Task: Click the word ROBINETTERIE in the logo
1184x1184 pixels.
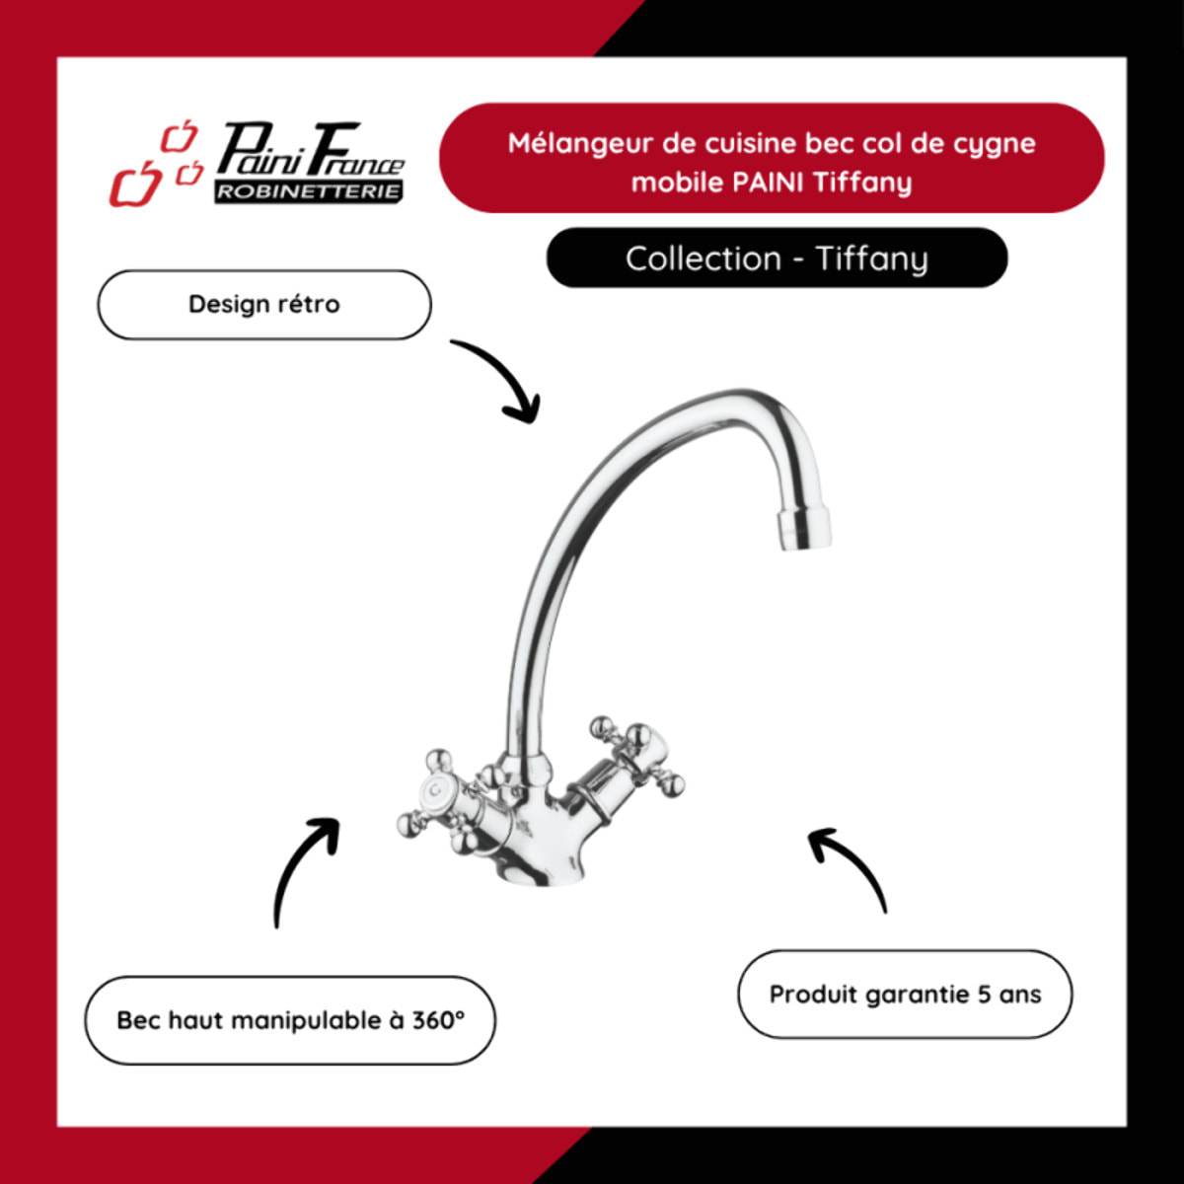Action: (x=309, y=191)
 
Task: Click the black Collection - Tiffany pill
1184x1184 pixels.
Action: (x=777, y=258)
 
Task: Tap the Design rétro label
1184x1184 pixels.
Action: (x=264, y=304)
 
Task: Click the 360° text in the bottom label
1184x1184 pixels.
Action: (x=438, y=1020)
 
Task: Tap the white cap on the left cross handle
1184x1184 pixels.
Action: (x=434, y=790)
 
